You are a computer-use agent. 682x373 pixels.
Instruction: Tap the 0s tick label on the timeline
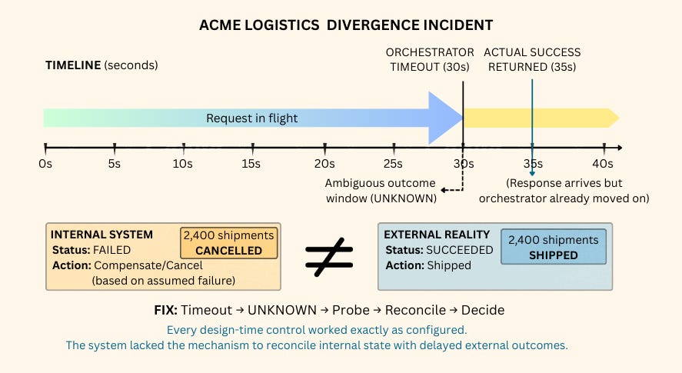45,163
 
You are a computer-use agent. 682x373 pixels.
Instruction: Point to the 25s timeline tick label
394,163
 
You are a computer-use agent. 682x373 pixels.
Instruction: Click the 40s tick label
603,163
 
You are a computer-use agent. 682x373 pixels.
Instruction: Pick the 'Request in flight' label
251,118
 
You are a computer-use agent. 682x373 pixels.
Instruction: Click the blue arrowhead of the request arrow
444,118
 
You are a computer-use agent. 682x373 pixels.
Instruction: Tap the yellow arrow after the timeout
538,118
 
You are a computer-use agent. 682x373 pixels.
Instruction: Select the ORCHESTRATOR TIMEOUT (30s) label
430,59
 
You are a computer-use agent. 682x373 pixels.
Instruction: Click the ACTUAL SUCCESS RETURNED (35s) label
532,59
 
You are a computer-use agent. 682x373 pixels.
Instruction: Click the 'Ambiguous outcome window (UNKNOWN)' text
380,191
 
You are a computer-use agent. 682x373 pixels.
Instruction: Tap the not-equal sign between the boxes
328,256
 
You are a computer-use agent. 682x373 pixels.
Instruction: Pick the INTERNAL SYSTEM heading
102,235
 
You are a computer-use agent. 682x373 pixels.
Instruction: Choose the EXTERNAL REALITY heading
436,235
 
